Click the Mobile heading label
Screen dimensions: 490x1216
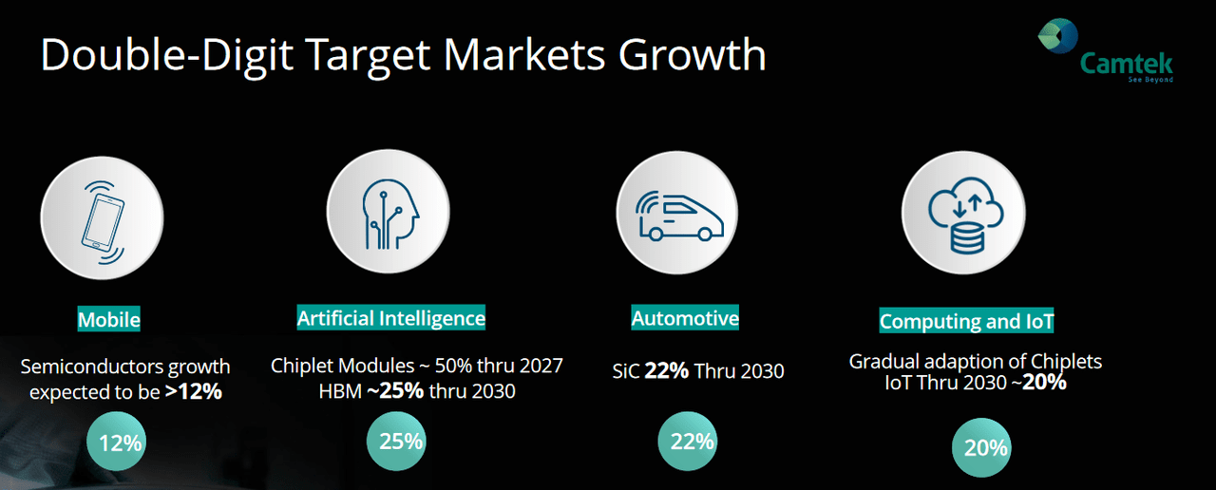(x=109, y=320)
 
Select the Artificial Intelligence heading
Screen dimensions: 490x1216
(x=391, y=318)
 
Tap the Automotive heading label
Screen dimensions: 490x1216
(x=685, y=318)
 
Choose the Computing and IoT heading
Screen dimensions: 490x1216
(x=966, y=322)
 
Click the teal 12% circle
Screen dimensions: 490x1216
(x=120, y=443)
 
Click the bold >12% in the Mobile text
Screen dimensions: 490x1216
(x=193, y=390)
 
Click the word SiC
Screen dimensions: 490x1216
(x=626, y=370)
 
